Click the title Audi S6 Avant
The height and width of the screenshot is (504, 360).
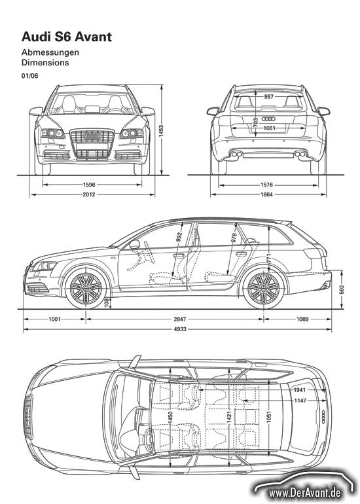pyautogui.click(x=67, y=37)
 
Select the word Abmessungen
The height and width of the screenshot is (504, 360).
pyautogui.click(x=50, y=52)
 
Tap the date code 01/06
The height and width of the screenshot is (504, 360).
pyautogui.click(x=29, y=76)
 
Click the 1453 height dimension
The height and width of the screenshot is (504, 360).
pyautogui.click(x=161, y=131)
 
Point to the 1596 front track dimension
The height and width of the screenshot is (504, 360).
pyautogui.click(x=89, y=185)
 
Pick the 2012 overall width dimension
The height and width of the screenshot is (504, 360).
pyautogui.click(x=89, y=194)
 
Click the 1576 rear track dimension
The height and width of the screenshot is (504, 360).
pyautogui.click(x=266, y=185)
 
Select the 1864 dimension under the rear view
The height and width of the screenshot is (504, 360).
pyautogui.click(x=266, y=194)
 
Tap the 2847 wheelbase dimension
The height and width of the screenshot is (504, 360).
pyautogui.click(x=180, y=319)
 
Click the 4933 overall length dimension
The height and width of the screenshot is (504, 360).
pyautogui.click(x=180, y=329)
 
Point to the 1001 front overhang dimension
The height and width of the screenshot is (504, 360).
pyautogui.click(x=54, y=319)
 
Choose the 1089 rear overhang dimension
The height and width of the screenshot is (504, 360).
pyautogui.click(x=302, y=319)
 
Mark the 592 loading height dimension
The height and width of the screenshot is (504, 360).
pyautogui.click(x=342, y=289)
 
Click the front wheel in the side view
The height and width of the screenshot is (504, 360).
pyautogui.click(x=86, y=288)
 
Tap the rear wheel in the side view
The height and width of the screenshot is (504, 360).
pyautogui.click(x=264, y=288)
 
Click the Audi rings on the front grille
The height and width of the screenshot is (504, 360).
pyautogui.click(x=92, y=136)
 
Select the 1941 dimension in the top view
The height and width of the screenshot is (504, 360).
pyautogui.click(x=300, y=390)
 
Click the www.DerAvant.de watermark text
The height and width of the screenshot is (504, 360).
pyautogui.click(x=304, y=492)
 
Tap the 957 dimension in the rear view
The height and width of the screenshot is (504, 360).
pyautogui.click(x=268, y=96)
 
